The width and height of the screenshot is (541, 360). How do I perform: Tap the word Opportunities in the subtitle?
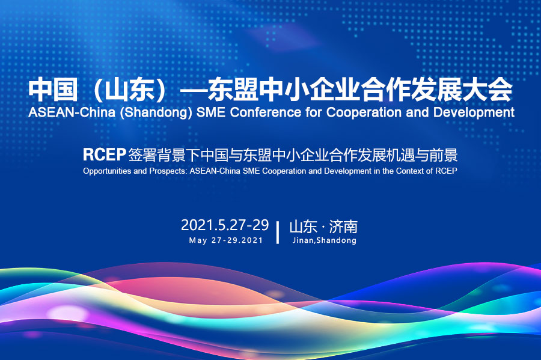[x=108, y=171]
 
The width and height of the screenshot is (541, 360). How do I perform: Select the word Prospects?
[x=168, y=171]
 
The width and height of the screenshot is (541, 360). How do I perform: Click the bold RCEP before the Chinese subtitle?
[x=104, y=155]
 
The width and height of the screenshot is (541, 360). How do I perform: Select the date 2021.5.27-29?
[x=225, y=225]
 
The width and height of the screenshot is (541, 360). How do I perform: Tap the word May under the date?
[x=198, y=240]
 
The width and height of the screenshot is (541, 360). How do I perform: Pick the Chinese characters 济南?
[x=343, y=227]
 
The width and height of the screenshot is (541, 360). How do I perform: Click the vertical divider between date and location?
[x=278, y=233]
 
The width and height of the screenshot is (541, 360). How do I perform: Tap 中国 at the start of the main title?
[x=53, y=90]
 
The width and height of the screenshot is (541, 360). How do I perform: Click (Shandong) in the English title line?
[x=156, y=113]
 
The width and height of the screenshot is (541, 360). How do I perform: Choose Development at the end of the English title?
[x=474, y=113]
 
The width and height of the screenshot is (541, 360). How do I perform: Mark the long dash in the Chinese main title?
[x=194, y=91]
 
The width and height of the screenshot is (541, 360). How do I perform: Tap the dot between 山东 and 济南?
[x=323, y=228]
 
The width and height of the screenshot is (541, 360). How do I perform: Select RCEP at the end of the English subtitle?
[x=446, y=171]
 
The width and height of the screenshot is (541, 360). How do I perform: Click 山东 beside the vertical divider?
[x=304, y=227]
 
